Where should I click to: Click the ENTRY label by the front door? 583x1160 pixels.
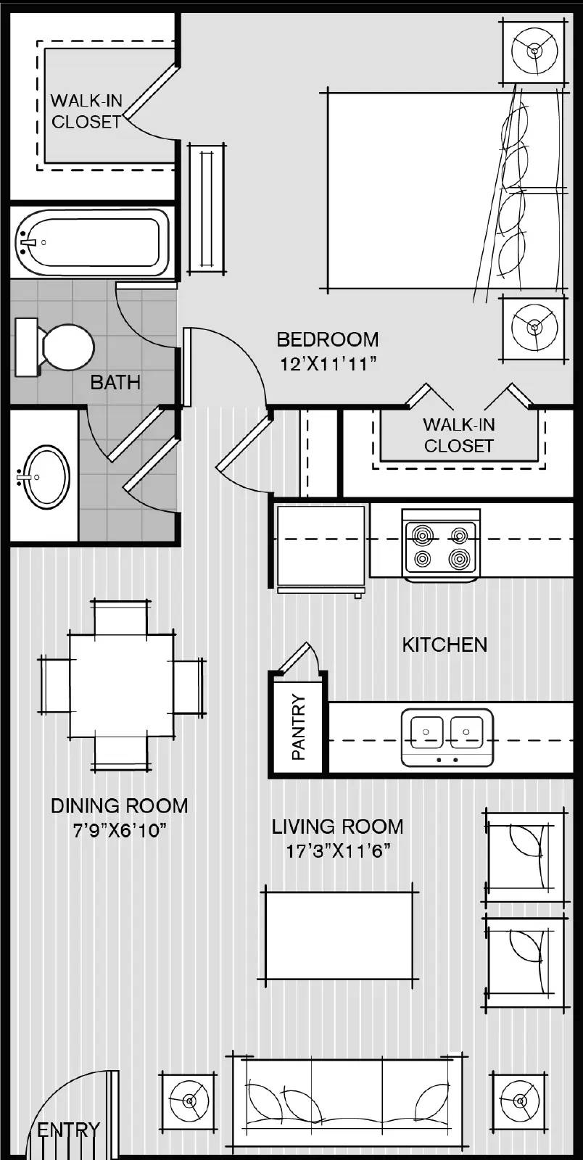click(68, 1130)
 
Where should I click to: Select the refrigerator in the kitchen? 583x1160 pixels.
click(321, 546)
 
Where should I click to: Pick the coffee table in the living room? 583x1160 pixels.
click(339, 935)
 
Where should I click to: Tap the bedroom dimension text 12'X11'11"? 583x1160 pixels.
click(328, 363)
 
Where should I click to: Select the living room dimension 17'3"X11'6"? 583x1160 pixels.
click(338, 850)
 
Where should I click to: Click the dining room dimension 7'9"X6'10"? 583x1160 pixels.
click(120, 830)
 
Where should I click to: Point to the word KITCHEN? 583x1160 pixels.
click(444, 645)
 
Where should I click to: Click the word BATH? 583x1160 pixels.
click(115, 382)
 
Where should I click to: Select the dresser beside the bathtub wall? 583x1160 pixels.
click(207, 208)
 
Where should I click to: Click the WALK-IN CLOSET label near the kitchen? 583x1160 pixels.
click(458, 435)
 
